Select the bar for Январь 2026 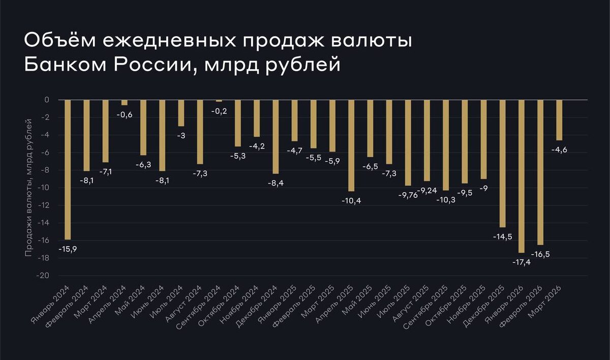point(522,176)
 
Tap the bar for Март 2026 point(559,120)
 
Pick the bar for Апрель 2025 point(351,145)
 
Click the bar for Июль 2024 point(181,113)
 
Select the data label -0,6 point(125,115)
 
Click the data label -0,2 point(219,111)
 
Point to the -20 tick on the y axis point(44,276)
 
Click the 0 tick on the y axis point(46,100)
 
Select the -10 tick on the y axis point(44,188)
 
